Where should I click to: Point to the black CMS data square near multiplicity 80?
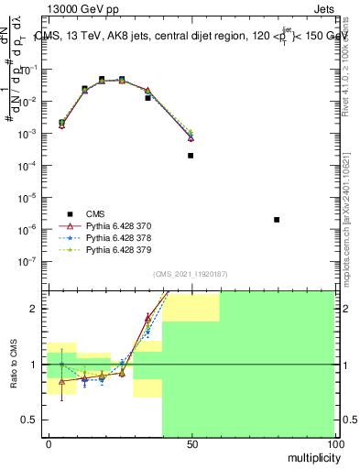pos(277,220)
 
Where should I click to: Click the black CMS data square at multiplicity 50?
pos(191,156)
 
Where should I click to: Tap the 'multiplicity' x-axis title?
pos(310,455)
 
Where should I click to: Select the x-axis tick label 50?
pos(191,444)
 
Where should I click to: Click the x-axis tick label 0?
pos(49,444)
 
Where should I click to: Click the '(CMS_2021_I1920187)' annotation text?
pos(190,274)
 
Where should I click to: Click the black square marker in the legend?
pos(69,213)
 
